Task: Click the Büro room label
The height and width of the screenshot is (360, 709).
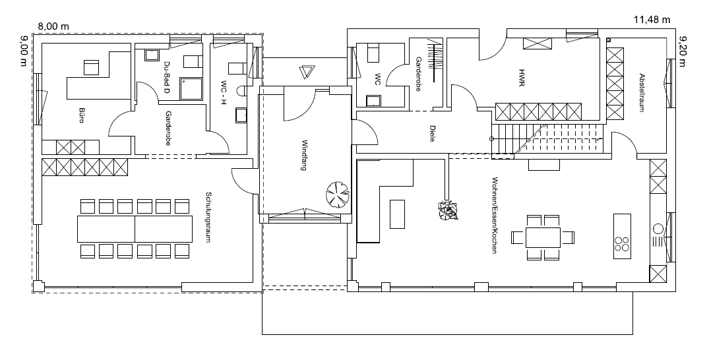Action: click(x=82, y=115)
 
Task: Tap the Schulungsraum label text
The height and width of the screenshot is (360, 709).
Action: click(x=208, y=218)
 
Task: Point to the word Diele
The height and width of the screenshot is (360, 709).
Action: click(x=432, y=133)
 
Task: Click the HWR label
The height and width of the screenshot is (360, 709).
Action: click(x=521, y=77)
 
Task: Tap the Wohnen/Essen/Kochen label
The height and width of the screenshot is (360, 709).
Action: click(x=494, y=215)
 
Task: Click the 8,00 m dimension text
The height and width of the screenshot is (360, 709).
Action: click(x=53, y=26)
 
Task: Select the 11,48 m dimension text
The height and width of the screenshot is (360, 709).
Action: click(x=652, y=19)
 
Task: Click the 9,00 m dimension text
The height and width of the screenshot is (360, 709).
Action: click(x=24, y=51)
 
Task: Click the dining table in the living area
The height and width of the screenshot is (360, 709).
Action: click(x=543, y=237)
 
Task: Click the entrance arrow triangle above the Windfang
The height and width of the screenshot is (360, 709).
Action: click(x=306, y=73)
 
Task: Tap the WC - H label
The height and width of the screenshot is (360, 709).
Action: click(x=223, y=92)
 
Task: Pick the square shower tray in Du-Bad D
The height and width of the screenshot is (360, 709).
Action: click(x=192, y=88)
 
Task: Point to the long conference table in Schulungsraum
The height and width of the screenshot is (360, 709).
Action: click(x=135, y=229)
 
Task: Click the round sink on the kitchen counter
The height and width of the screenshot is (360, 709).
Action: click(x=658, y=228)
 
